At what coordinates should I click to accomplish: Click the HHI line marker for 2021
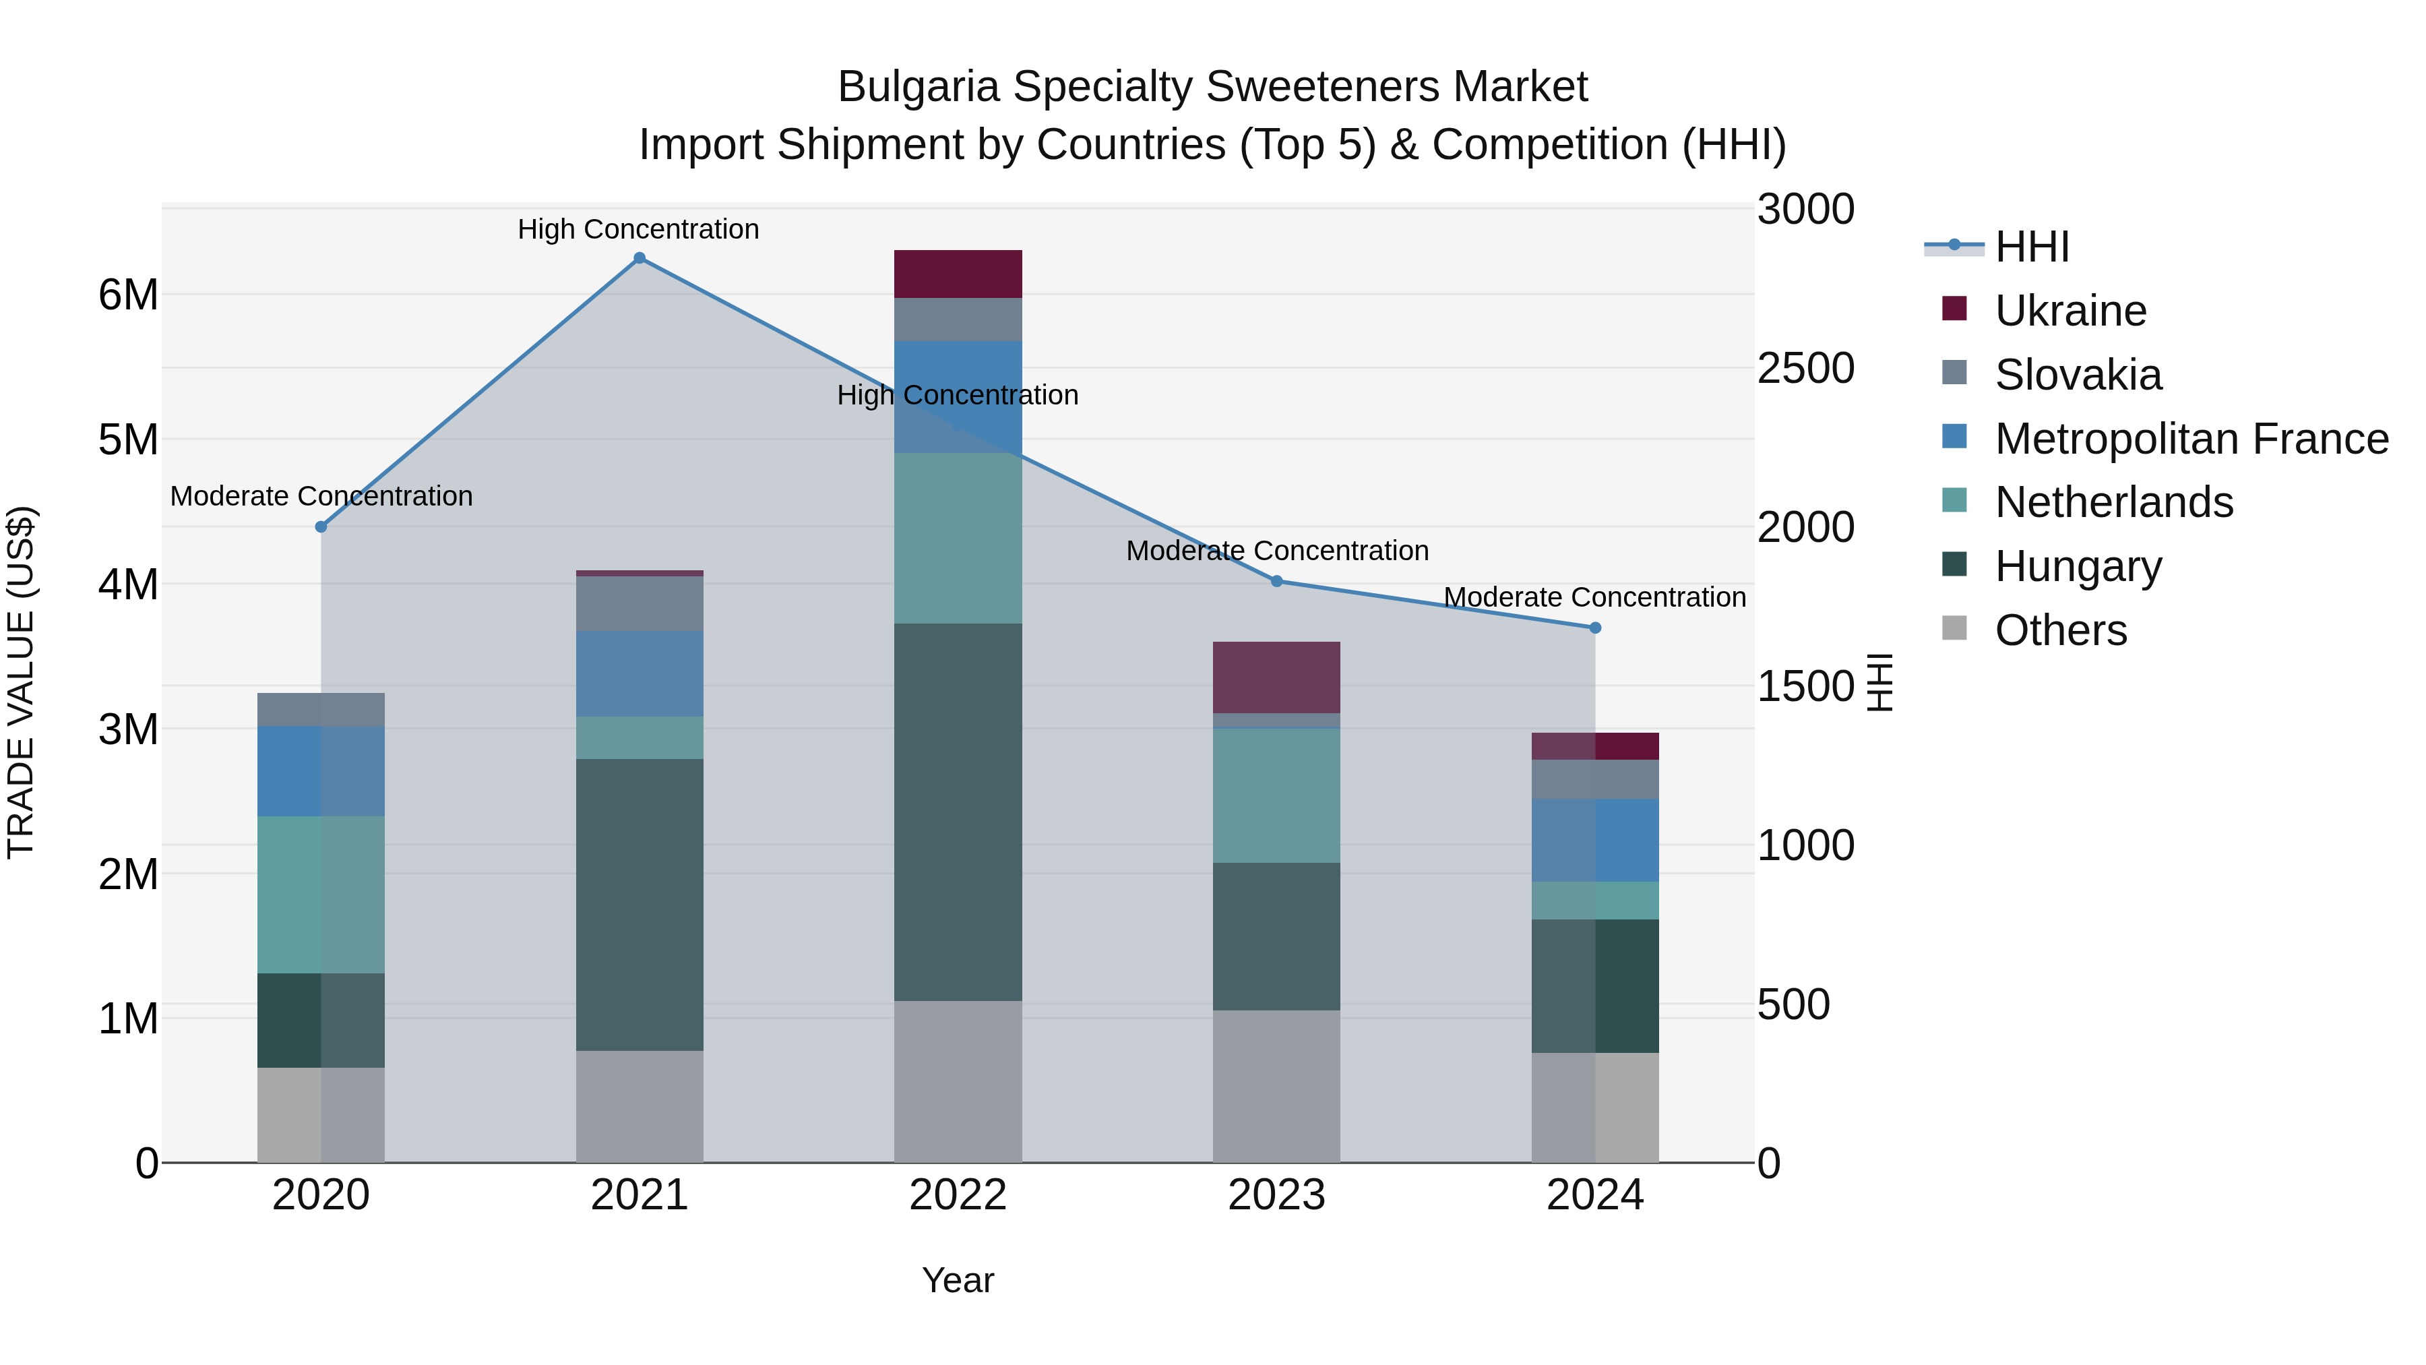640,258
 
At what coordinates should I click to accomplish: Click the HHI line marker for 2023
1277,581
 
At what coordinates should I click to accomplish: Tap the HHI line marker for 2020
321,526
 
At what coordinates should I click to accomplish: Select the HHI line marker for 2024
1595,628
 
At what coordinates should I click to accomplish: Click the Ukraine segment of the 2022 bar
958,274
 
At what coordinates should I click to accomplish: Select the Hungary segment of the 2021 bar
640,905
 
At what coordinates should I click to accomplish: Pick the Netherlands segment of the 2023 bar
1277,795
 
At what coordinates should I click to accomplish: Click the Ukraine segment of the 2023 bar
1277,677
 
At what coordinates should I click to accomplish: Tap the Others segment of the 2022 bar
958,1081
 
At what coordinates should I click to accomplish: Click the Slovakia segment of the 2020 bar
321,709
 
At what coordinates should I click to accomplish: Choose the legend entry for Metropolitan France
2191,439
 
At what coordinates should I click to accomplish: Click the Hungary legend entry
2078,566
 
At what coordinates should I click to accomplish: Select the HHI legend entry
2031,247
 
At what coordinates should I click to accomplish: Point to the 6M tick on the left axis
128,295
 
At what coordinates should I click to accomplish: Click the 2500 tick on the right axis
1805,368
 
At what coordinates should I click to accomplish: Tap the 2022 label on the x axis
958,1195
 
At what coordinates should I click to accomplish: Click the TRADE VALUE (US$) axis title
22,682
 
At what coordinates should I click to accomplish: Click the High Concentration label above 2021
639,229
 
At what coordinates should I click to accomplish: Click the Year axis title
958,1280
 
